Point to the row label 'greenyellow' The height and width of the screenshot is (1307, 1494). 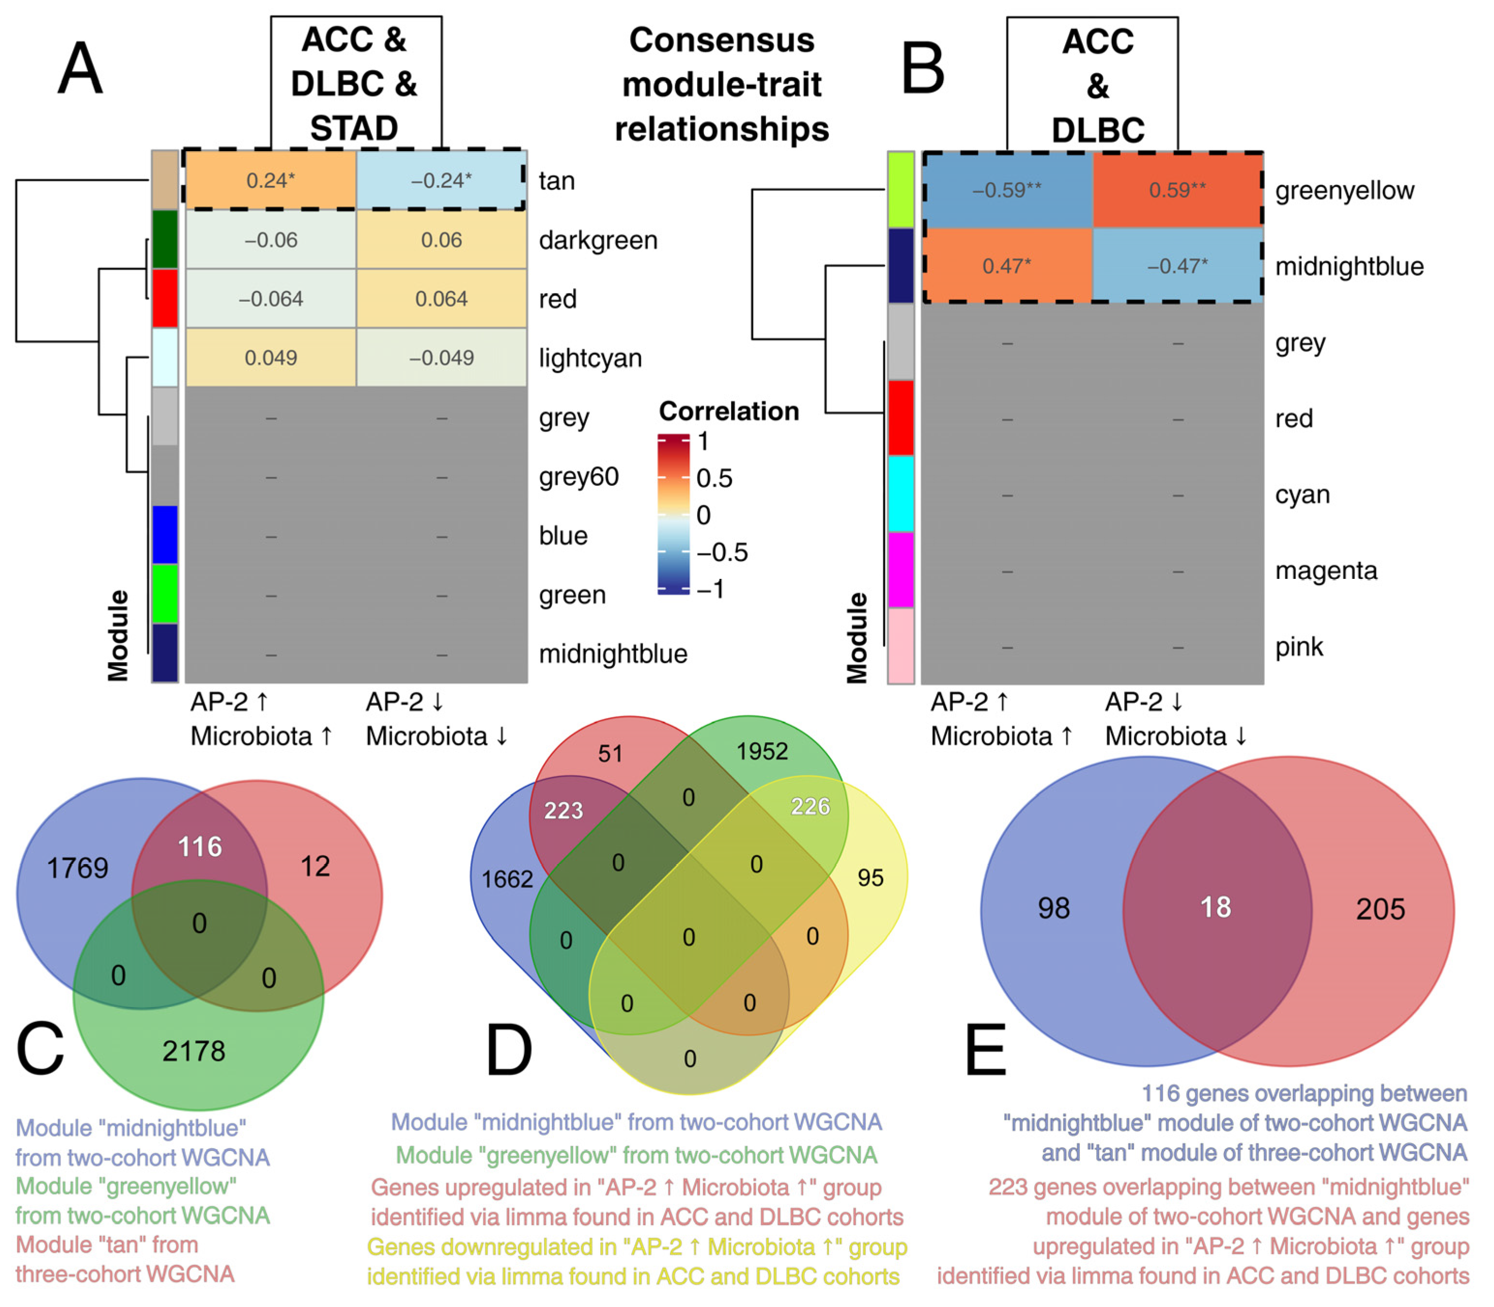point(1344,190)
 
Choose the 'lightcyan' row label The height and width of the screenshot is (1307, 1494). point(590,358)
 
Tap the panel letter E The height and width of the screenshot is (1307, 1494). point(985,1050)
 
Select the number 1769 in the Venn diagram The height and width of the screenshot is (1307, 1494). point(78,868)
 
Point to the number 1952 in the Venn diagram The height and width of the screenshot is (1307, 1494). point(762,751)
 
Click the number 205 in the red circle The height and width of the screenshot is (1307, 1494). point(1380,909)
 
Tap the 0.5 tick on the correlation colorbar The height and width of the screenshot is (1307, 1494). point(714,479)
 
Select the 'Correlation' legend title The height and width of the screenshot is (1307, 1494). point(729,411)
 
